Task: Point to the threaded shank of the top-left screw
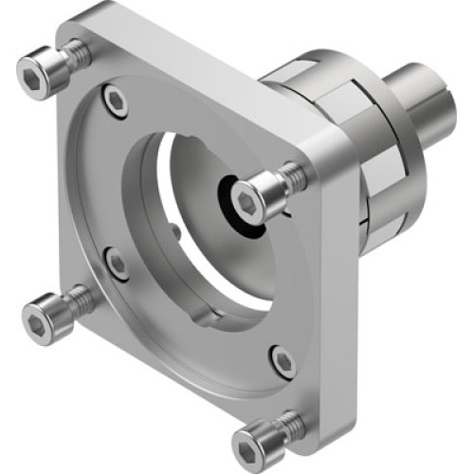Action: point(79,54)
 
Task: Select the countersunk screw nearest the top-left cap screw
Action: point(116,100)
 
